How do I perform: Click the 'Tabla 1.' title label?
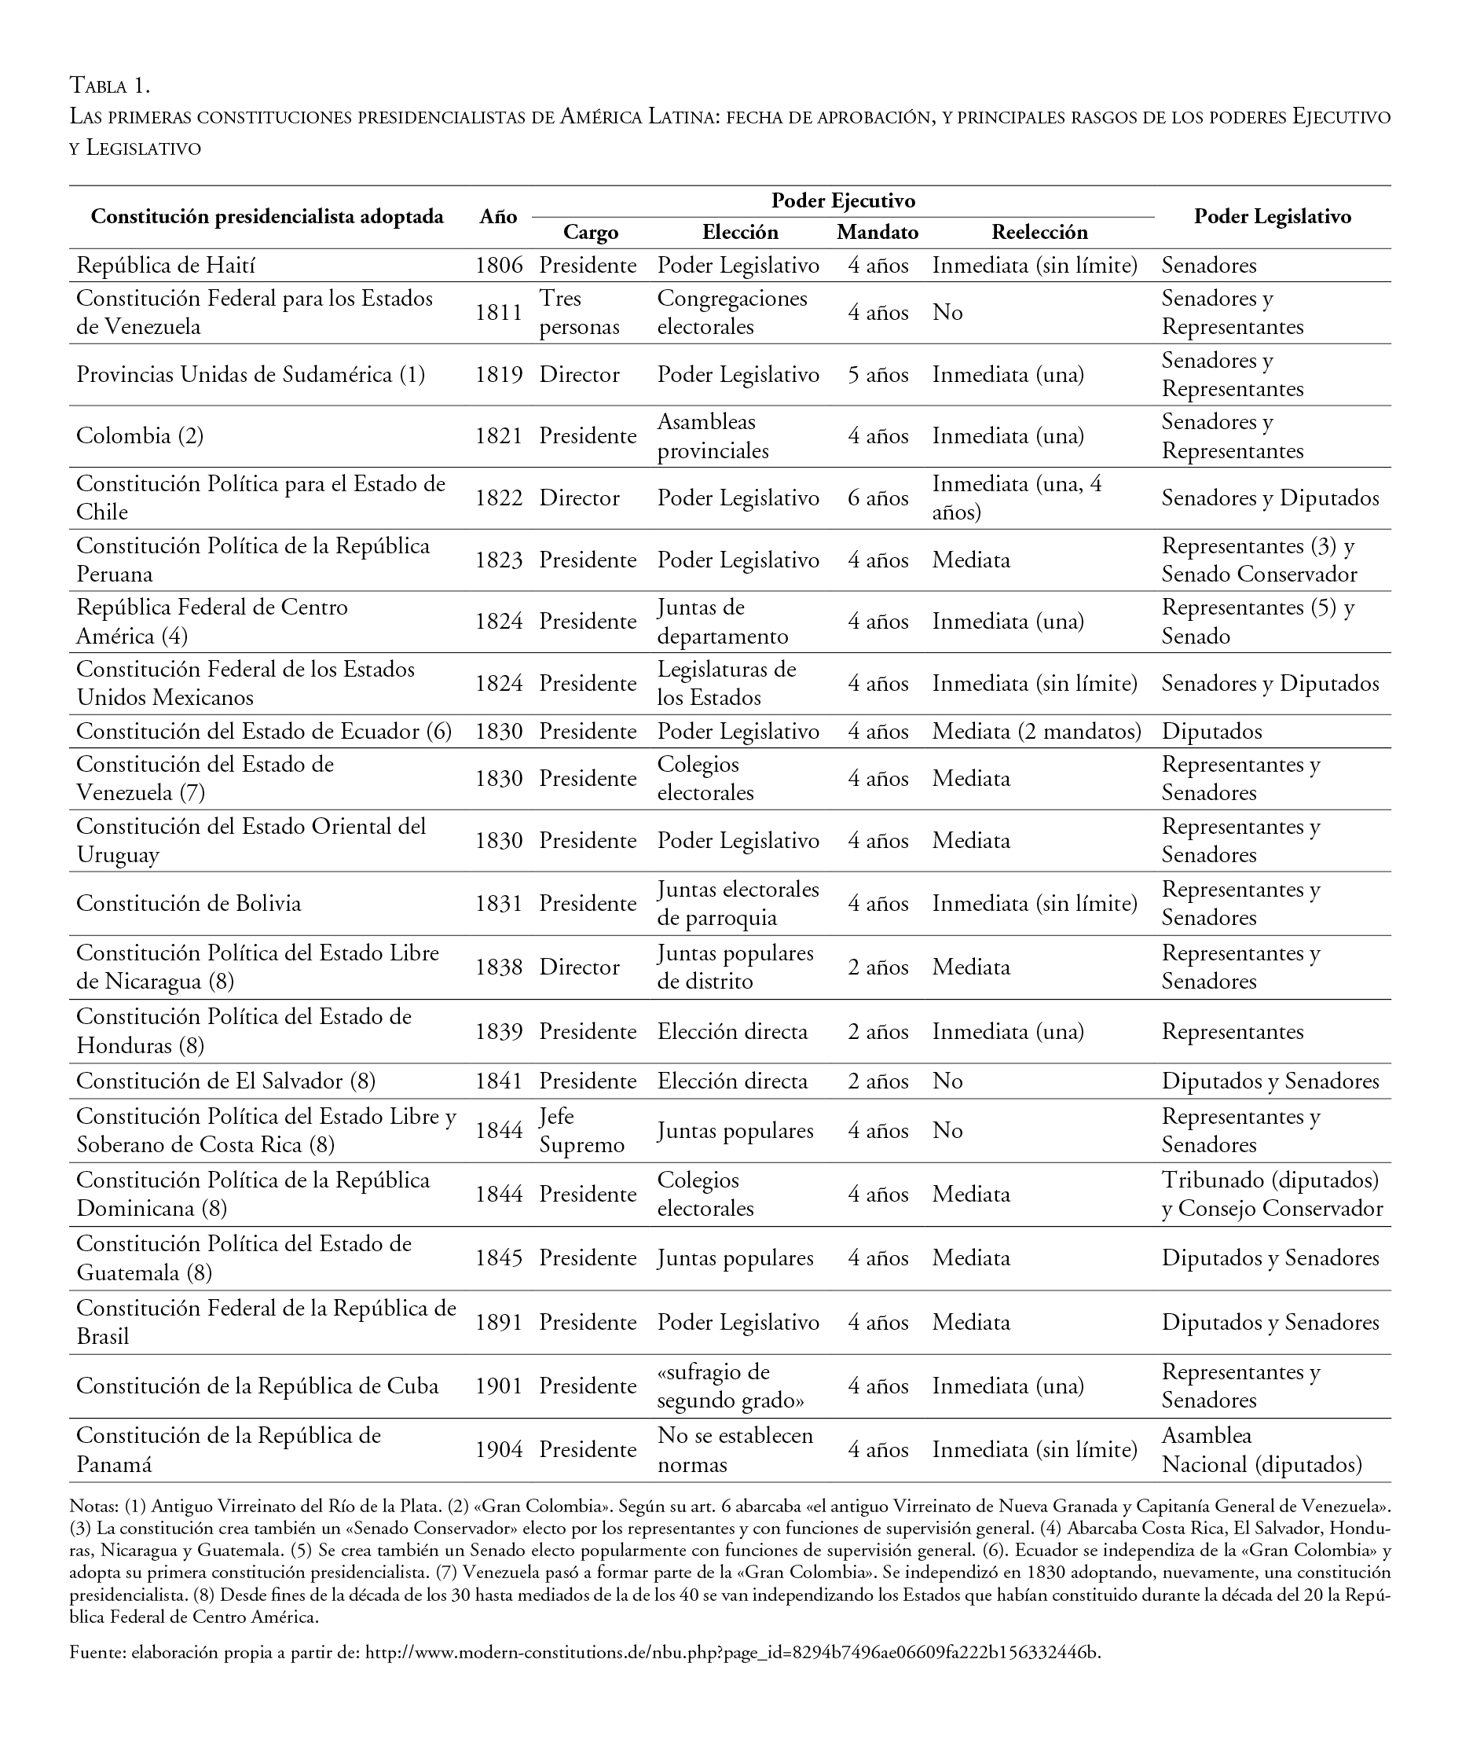pyautogui.click(x=109, y=86)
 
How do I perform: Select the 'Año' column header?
pyautogui.click(x=498, y=216)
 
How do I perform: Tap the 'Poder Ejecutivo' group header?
pyautogui.click(x=843, y=200)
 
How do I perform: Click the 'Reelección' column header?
pyautogui.click(x=1039, y=232)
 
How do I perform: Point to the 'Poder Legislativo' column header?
pyautogui.click(x=1272, y=216)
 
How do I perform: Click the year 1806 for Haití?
pyautogui.click(x=499, y=266)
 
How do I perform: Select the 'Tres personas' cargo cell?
pyautogui.click(x=579, y=313)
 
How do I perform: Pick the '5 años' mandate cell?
pyautogui.click(x=878, y=375)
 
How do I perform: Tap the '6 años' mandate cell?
pyautogui.click(x=878, y=498)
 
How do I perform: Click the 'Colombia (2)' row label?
pyautogui.click(x=140, y=436)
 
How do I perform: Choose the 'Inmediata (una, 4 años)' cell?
pyautogui.click(x=1017, y=497)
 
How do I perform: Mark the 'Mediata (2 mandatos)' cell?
pyautogui.click(x=1036, y=731)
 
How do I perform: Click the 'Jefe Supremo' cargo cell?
pyautogui.click(x=581, y=1131)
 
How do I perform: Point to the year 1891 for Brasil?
pyautogui.click(x=499, y=1322)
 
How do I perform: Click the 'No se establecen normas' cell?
pyautogui.click(x=735, y=1450)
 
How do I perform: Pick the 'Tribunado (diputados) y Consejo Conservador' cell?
pyautogui.click(x=1271, y=1195)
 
